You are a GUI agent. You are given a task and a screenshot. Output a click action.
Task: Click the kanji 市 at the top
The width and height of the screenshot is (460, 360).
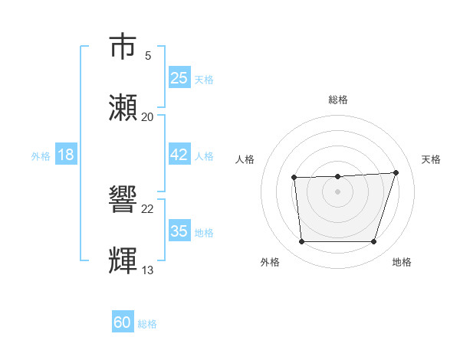pyautogui.click(x=123, y=47)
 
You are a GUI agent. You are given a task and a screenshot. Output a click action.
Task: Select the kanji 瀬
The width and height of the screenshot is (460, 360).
pyautogui.click(x=123, y=108)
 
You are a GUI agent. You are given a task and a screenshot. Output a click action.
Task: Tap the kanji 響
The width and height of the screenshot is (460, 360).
pyautogui.click(x=123, y=200)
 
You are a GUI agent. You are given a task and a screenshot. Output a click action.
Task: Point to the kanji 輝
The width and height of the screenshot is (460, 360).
pyautogui.click(x=123, y=261)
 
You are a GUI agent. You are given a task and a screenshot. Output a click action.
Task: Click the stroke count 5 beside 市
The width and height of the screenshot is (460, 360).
pyautogui.click(x=148, y=55)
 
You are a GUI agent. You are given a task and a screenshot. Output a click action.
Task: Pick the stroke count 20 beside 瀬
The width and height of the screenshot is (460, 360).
pyautogui.click(x=148, y=116)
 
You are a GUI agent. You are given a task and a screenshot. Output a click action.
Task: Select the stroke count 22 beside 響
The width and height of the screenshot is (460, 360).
pyautogui.click(x=148, y=208)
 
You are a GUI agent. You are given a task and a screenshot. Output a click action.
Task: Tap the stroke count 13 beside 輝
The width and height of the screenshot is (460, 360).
pyautogui.click(x=148, y=270)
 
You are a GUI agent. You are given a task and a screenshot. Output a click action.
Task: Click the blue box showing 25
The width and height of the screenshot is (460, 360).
pyautogui.click(x=179, y=78)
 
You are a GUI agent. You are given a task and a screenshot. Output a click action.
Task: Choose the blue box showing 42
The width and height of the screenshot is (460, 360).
pyautogui.click(x=179, y=155)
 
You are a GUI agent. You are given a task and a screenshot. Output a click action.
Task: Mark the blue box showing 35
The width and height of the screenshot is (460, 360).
pyautogui.click(x=179, y=231)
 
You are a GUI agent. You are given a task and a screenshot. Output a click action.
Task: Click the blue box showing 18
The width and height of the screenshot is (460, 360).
pyautogui.click(x=66, y=155)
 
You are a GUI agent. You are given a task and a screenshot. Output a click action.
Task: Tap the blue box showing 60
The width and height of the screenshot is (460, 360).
pyautogui.click(x=123, y=323)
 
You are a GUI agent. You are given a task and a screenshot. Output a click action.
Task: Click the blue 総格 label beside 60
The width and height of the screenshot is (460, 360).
pyautogui.click(x=147, y=324)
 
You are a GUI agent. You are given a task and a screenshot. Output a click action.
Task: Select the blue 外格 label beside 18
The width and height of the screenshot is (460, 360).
pyautogui.click(x=41, y=155)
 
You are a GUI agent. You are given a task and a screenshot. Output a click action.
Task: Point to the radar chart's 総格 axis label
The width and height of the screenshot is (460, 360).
pyautogui.click(x=338, y=100)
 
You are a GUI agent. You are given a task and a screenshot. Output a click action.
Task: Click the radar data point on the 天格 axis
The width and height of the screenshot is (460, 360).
pyautogui.click(x=396, y=172)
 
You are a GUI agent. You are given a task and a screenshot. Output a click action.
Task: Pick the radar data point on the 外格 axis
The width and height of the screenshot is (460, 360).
pyautogui.click(x=301, y=242)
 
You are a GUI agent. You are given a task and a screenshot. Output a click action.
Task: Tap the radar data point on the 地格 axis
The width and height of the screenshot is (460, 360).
pyautogui.click(x=373, y=242)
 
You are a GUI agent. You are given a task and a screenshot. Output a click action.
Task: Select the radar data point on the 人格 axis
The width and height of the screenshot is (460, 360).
pyautogui.click(x=294, y=178)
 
